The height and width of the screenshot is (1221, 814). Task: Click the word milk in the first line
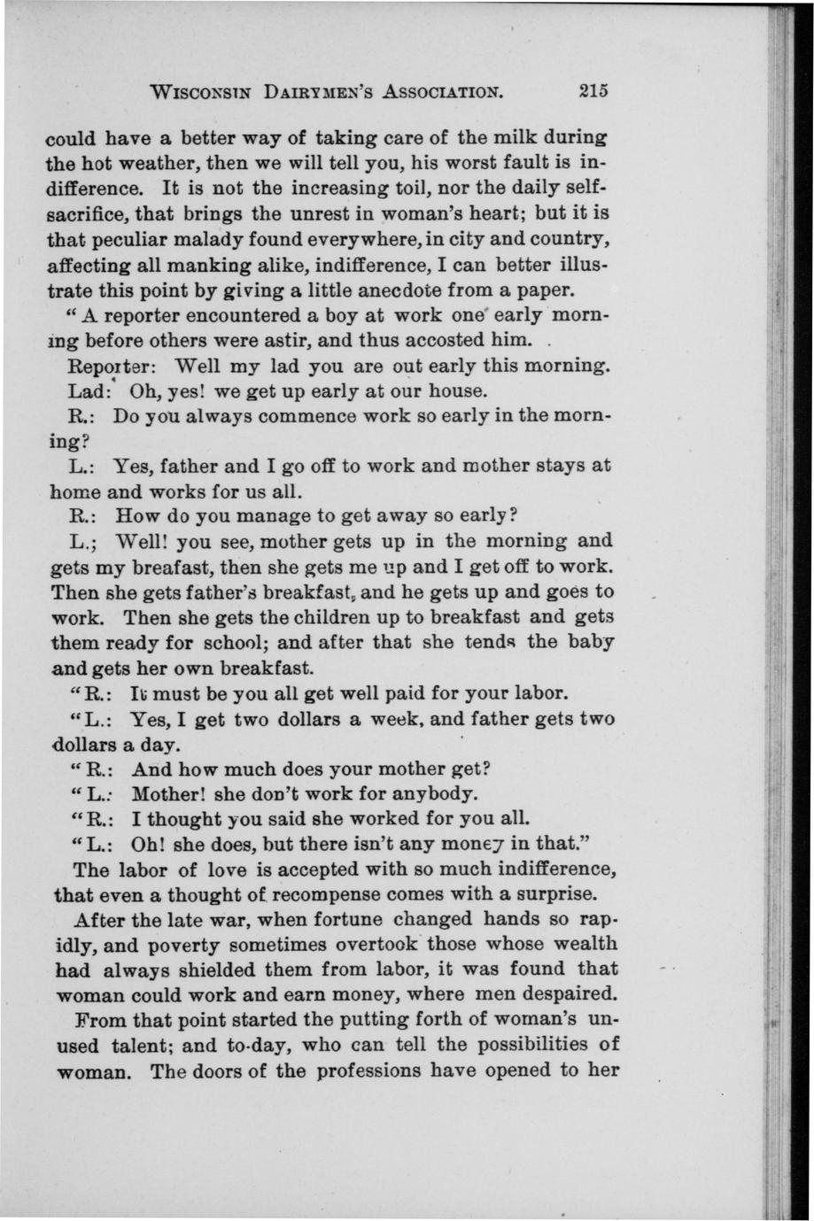coord(511,138)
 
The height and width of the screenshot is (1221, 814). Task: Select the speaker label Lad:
coord(93,390)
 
